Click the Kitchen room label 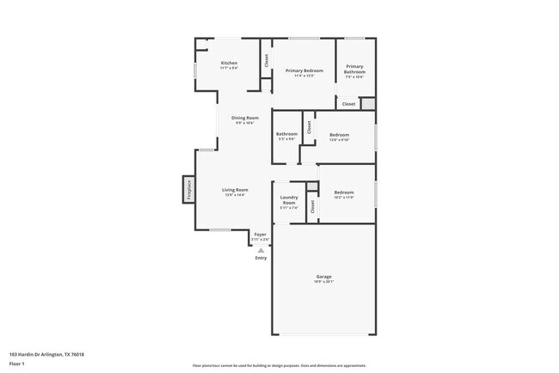[229, 63]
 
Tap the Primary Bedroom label [304, 70]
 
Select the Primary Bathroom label [355, 69]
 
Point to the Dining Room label [244, 118]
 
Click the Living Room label [235, 190]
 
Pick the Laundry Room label [289, 199]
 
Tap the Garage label [323, 277]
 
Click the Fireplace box [188, 190]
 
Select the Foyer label [260, 234]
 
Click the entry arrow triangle [261, 250]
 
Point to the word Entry [261, 258]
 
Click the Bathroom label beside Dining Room [286, 134]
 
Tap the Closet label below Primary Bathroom [348, 104]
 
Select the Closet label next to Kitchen [267, 61]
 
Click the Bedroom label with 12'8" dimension [340, 135]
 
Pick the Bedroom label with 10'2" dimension [344, 193]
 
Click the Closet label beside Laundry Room [312, 206]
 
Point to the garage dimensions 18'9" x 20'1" [323, 281]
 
